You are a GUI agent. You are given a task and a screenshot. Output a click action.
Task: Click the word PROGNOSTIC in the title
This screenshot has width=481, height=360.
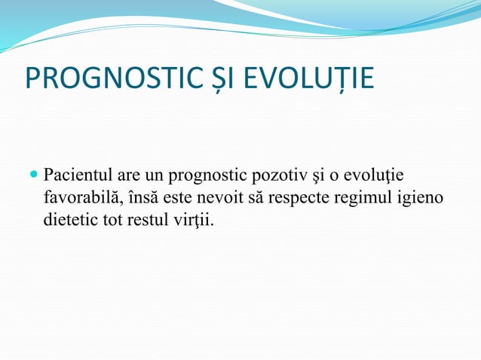(109, 78)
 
